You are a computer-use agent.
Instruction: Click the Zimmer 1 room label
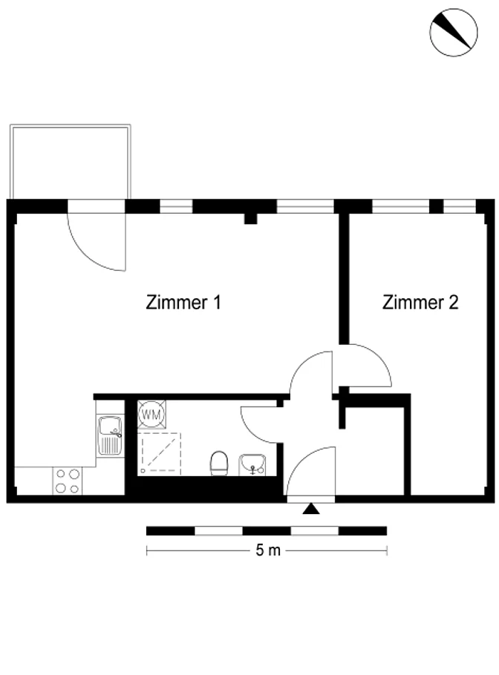183,302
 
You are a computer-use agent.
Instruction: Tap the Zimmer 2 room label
420,302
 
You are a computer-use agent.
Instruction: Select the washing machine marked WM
151,415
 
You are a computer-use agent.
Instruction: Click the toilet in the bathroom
219,464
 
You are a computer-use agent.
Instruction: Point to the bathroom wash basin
252,465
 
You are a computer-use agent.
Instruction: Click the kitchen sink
110,435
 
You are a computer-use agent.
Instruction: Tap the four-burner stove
68,481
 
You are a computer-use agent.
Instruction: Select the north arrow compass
453,33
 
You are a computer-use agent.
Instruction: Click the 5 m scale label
268,550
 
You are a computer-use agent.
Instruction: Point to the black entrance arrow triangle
310,510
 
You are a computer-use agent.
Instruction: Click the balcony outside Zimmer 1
71,162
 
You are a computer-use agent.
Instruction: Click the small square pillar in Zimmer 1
250,218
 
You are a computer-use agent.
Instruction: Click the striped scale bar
267,531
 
